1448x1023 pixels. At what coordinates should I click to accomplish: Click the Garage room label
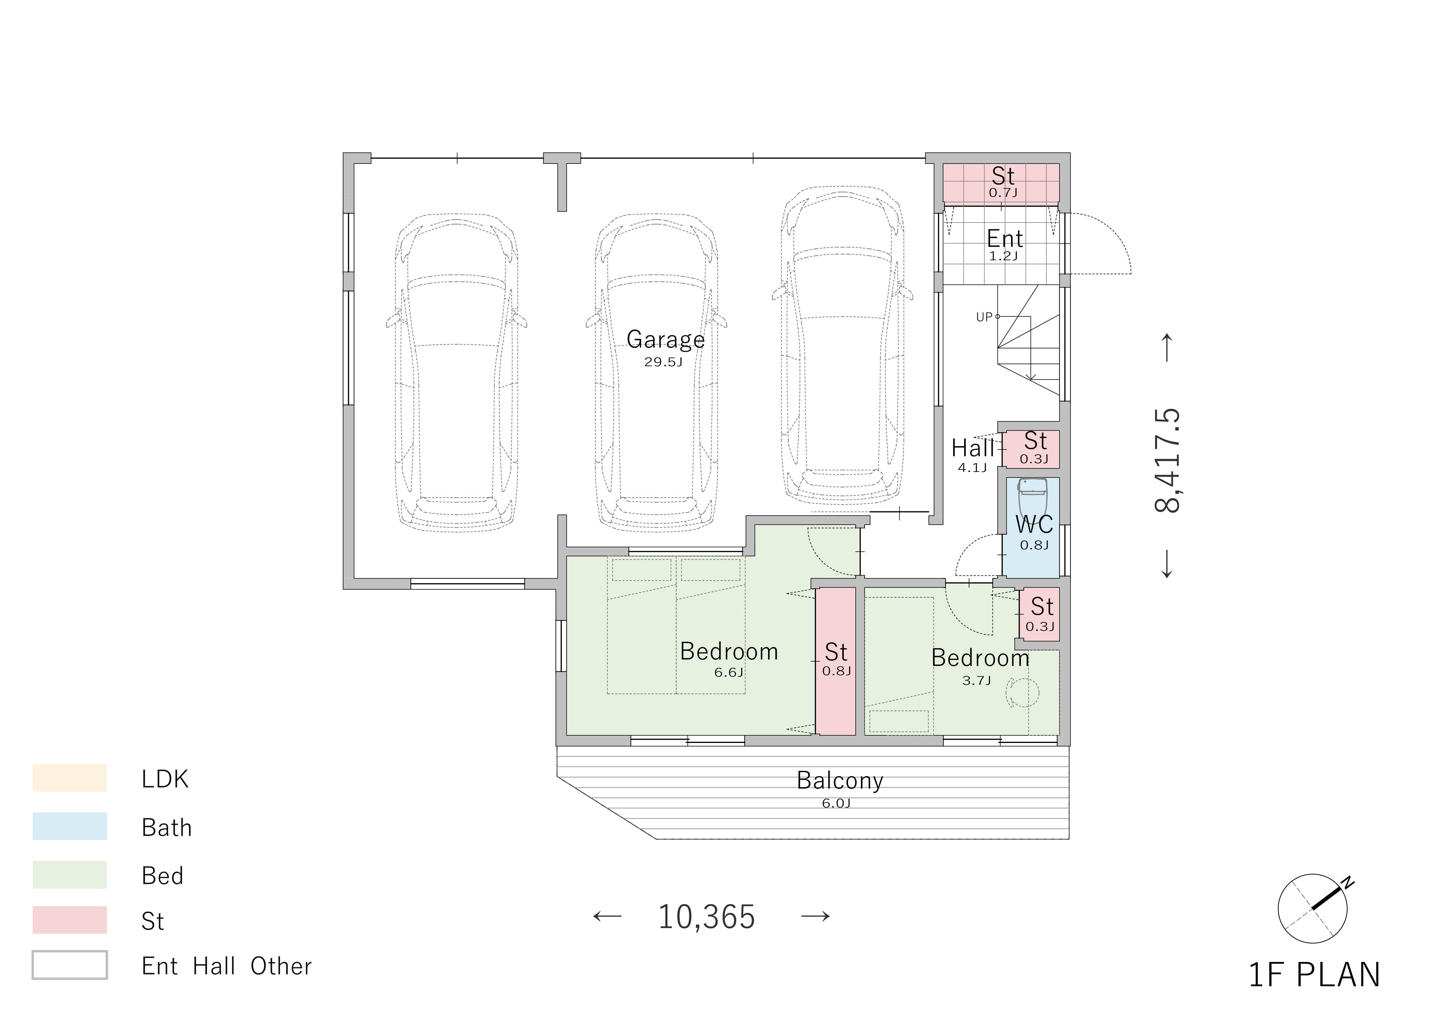point(665,340)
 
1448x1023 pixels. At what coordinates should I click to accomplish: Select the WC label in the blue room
point(1034,524)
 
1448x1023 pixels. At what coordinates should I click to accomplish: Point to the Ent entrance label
point(1005,239)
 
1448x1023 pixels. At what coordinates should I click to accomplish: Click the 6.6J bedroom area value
point(728,673)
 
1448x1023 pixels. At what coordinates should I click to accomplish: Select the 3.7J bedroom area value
point(976,680)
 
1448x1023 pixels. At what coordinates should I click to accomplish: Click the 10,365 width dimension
point(706,917)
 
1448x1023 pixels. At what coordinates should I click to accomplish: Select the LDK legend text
point(165,779)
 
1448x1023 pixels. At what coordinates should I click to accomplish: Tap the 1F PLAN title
point(1314,975)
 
